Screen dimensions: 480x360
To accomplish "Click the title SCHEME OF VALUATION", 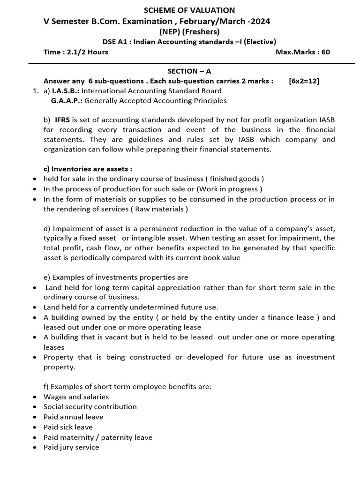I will (189, 10).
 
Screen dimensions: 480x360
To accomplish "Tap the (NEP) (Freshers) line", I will (189, 32).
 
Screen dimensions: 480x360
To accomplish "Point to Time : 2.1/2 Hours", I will (75, 52).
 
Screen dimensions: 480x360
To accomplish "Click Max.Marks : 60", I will (302, 52).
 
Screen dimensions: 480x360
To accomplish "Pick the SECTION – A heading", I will (189, 71).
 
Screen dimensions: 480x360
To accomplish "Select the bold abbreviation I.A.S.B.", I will (66, 90).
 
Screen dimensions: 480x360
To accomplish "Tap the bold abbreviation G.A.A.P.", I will (67, 100).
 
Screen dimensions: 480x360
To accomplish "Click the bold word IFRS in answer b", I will (63, 120).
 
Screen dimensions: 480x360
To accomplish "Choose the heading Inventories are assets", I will (88, 169).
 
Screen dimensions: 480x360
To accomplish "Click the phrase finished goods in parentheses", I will (237, 179).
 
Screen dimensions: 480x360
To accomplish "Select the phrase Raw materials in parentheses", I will (161, 209).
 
